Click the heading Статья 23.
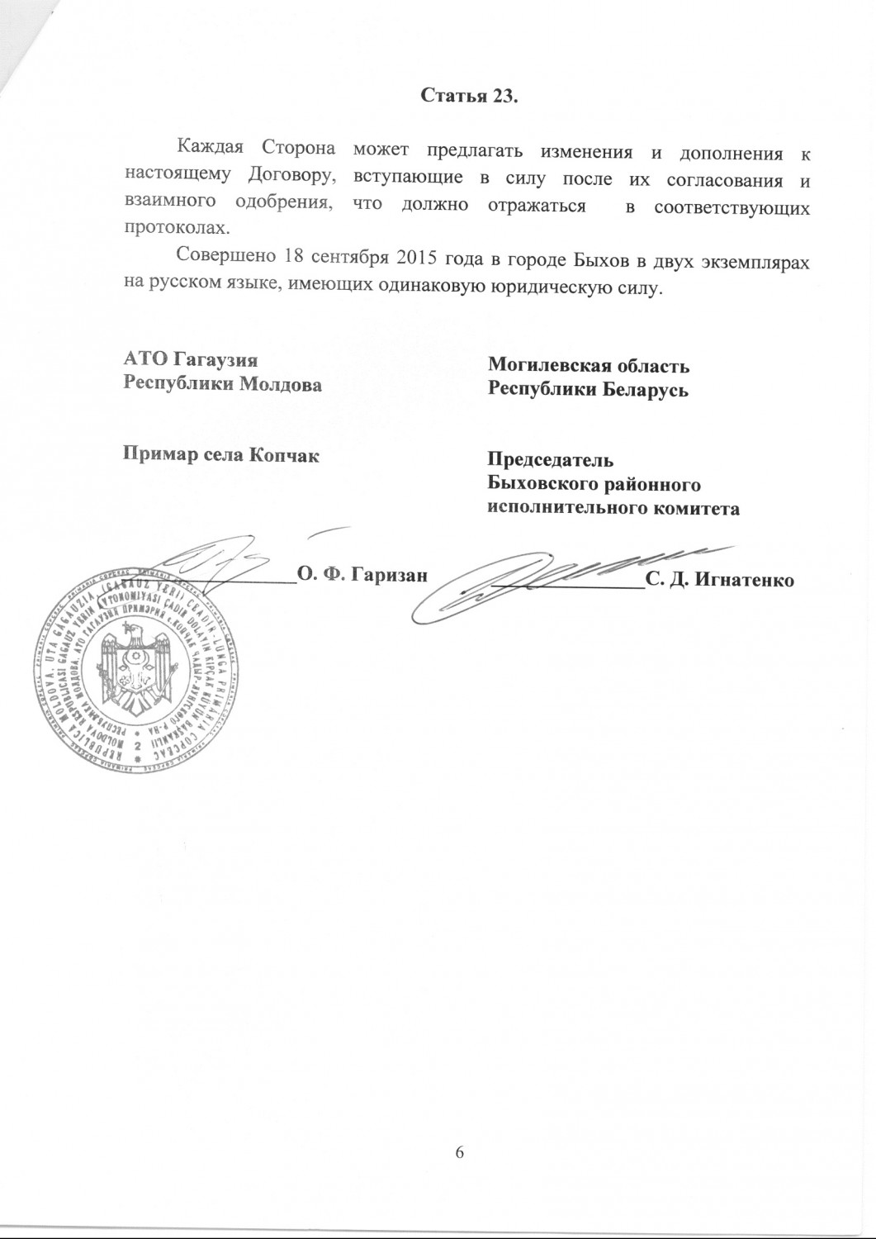(470, 96)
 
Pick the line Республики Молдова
(222, 384)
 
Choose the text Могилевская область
(589, 366)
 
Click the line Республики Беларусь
(589, 389)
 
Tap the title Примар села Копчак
(220, 454)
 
